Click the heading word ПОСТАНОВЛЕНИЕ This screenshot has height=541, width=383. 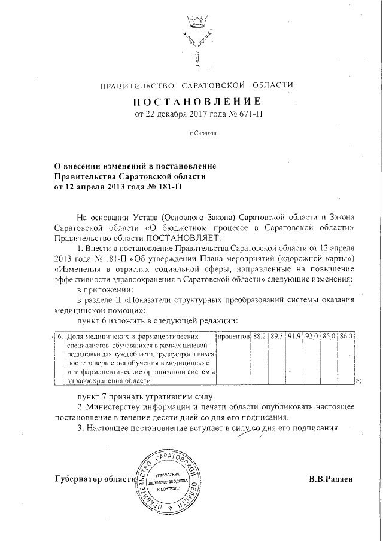(x=197, y=100)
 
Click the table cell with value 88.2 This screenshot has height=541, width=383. (x=259, y=336)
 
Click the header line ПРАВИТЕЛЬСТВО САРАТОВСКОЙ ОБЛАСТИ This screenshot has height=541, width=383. (x=196, y=86)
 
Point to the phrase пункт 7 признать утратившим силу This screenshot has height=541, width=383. (x=142, y=397)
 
